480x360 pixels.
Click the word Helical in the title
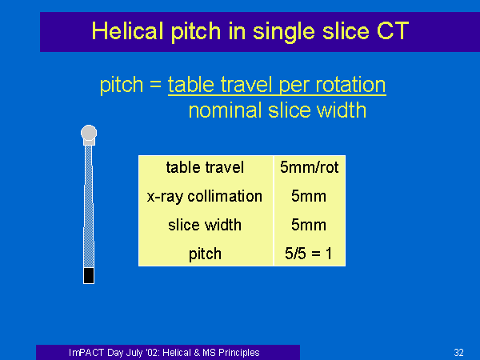(127, 31)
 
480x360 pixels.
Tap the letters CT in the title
(393, 31)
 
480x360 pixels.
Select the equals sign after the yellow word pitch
(155, 83)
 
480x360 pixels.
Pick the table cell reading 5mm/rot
(309, 167)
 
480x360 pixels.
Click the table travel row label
(205, 167)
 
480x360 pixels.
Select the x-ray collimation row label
(205, 196)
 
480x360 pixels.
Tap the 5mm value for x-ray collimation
(309, 196)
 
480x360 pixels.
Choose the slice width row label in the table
(205, 225)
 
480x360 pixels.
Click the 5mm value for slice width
(309, 225)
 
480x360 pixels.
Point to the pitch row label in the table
(205, 254)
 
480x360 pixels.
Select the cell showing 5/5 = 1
(308, 254)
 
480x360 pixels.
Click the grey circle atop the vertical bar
(89, 133)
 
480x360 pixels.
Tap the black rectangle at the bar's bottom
(89, 275)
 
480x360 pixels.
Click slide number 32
(458, 352)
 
